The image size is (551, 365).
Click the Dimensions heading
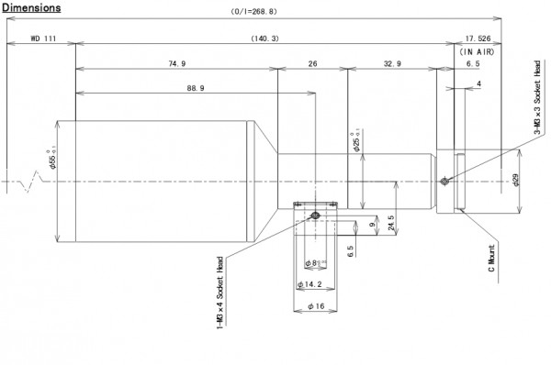tap(31, 7)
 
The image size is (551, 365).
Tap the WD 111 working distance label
tap(43, 39)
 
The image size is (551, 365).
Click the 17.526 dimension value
tap(479, 39)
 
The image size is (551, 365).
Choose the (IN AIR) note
tap(479, 52)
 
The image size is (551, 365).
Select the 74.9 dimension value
tap(177, 64)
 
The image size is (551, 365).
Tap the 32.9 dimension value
tap(390, 64)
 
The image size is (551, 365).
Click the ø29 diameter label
tap(517, 181)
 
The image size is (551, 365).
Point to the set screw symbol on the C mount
tap(445, 181)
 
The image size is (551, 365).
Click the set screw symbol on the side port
tap(315, 216)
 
